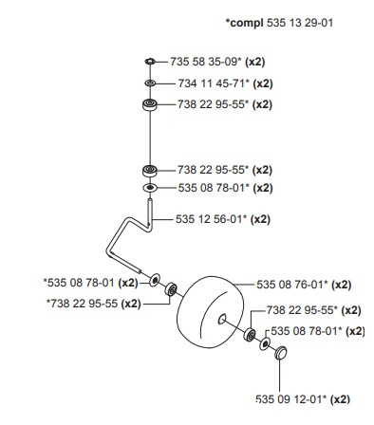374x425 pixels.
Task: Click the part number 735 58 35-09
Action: click(x=205, y=62)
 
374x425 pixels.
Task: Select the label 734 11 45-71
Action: click(x=205, y=84)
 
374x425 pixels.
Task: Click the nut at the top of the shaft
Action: click(x=150, y=63)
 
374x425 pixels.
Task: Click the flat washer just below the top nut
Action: click(x=150, y=84)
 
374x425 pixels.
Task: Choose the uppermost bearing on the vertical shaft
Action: click(x=150, y=107)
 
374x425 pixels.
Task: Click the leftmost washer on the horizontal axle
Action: click(x=156, y=282)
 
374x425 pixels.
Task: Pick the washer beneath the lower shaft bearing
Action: click(x=150, y=188)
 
